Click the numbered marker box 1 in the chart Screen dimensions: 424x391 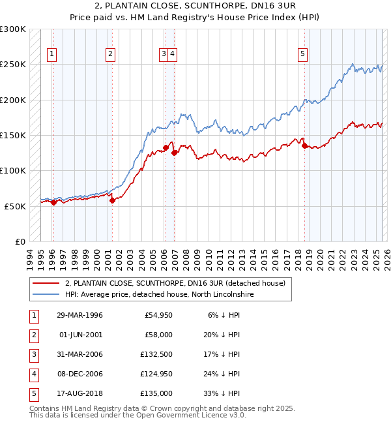51,54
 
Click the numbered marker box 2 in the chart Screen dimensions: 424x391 111,54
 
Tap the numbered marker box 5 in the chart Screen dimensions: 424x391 303,54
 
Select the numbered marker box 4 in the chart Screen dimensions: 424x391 173,54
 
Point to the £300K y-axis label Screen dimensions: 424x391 13,30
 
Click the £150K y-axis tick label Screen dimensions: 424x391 13,136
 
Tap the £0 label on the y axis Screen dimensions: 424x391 20,241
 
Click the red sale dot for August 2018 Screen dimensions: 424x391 305,146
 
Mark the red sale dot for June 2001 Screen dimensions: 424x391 112,200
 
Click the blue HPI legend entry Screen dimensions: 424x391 159,294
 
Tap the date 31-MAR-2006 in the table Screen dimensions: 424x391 80,354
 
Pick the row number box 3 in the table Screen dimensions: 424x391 33,354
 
